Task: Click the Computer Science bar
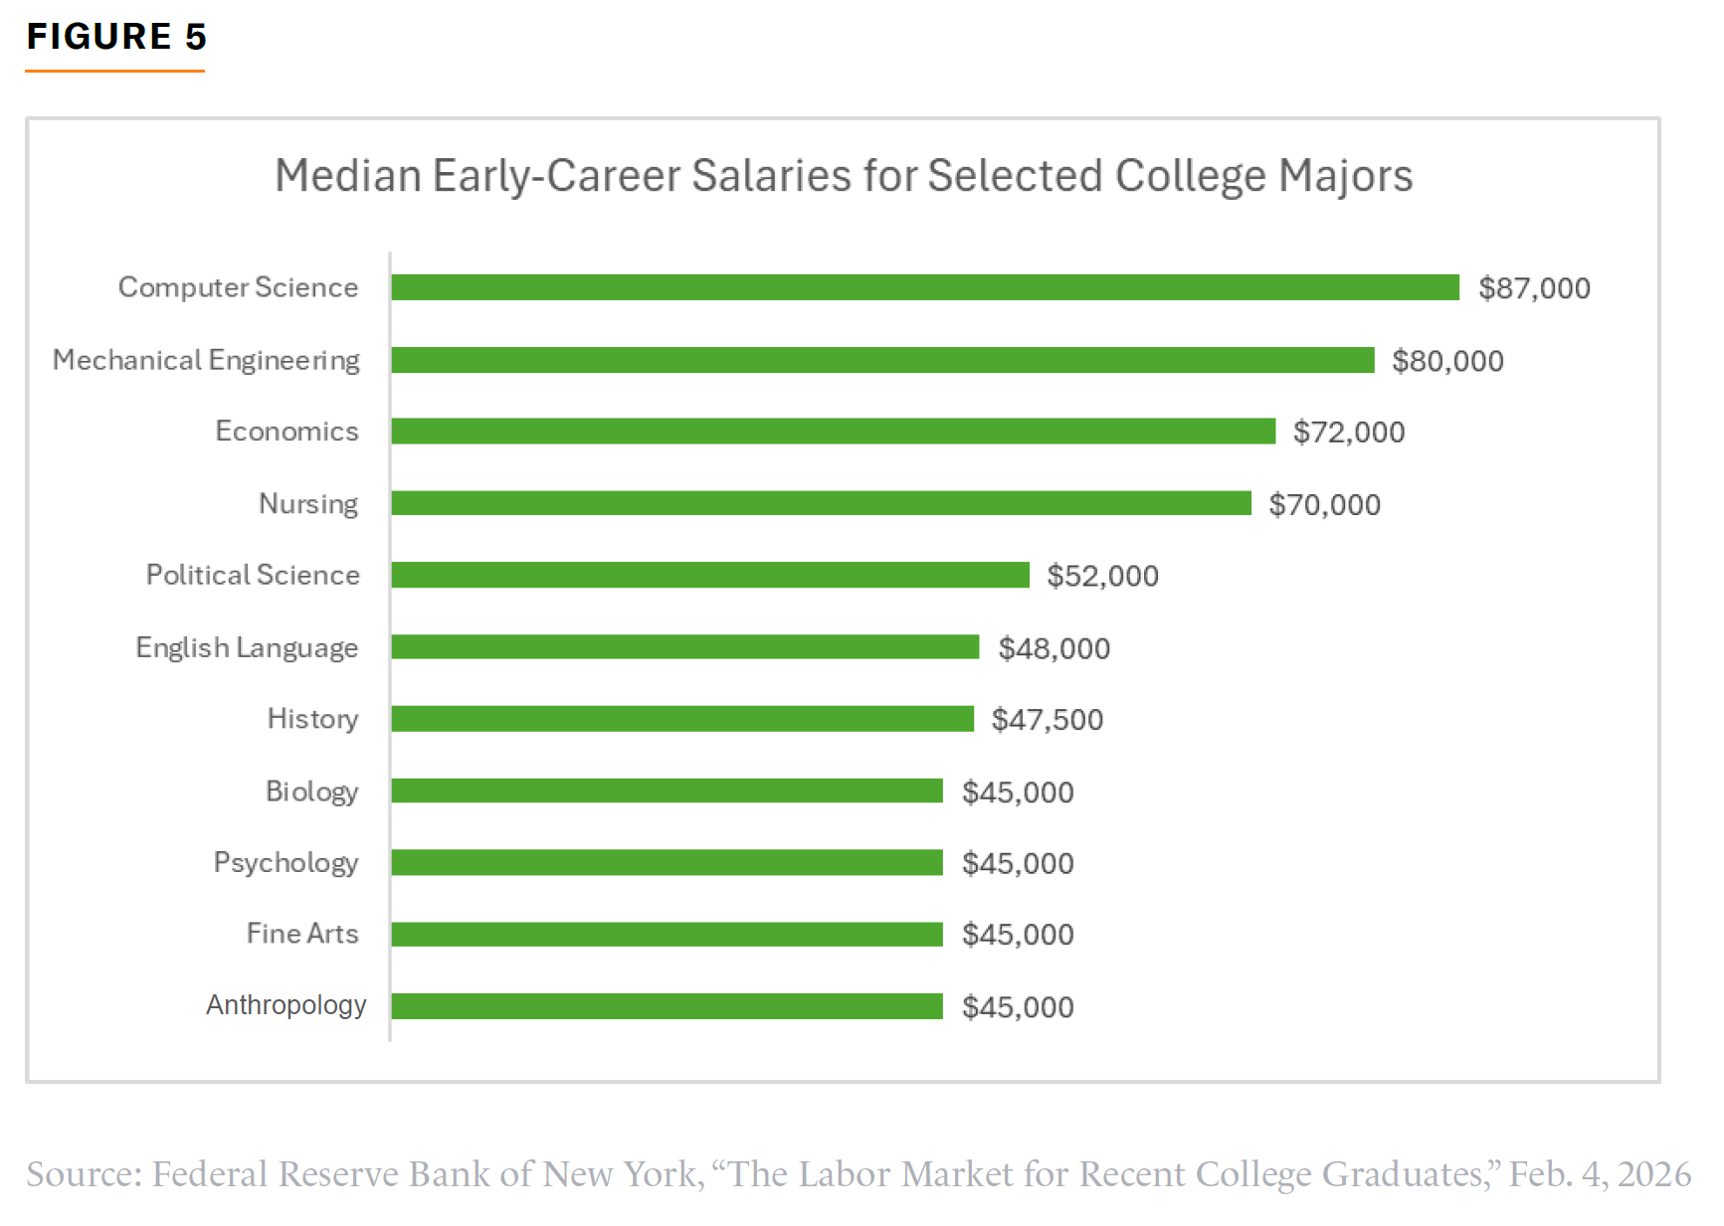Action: [925, 287]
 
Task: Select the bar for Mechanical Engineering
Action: [882, 360]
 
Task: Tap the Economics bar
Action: [833, 432]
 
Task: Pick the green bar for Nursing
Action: [821, 503]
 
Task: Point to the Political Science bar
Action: [710, 575]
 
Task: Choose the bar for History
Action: [682, 719]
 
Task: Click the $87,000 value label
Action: [1534, 288]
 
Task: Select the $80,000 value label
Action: [1447, 361]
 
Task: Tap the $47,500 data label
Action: [1048, 720]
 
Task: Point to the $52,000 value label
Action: [1102, 576]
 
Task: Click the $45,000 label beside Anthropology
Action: [1018, 1007]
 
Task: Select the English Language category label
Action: [247, 648]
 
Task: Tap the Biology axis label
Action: [311, 791]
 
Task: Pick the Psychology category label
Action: [286, 863]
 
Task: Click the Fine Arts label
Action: [302, 934]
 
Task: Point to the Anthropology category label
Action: [286, 1005]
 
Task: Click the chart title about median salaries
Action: [844, 176]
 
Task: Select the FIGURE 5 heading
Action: [116, 37]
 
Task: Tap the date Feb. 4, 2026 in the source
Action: [1600, 1174]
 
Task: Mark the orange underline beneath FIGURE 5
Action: [114, 71]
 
